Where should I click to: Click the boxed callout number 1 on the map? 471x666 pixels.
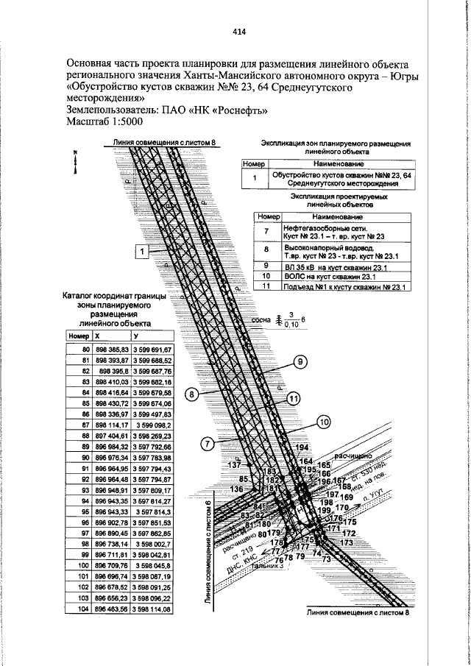141,251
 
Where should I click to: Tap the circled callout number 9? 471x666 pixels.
300,361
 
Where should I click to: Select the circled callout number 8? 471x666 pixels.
191,394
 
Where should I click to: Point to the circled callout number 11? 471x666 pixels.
294,398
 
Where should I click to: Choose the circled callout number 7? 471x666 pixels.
207,443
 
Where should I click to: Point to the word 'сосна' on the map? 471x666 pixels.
261,321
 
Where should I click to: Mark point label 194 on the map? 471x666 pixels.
300,447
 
